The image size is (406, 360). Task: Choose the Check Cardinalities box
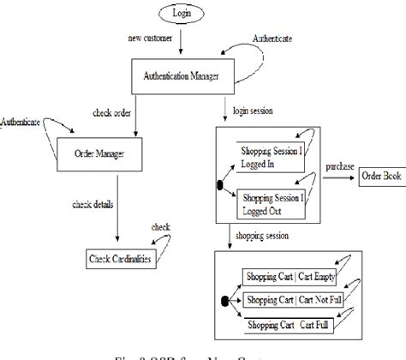(x=125, y=258)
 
